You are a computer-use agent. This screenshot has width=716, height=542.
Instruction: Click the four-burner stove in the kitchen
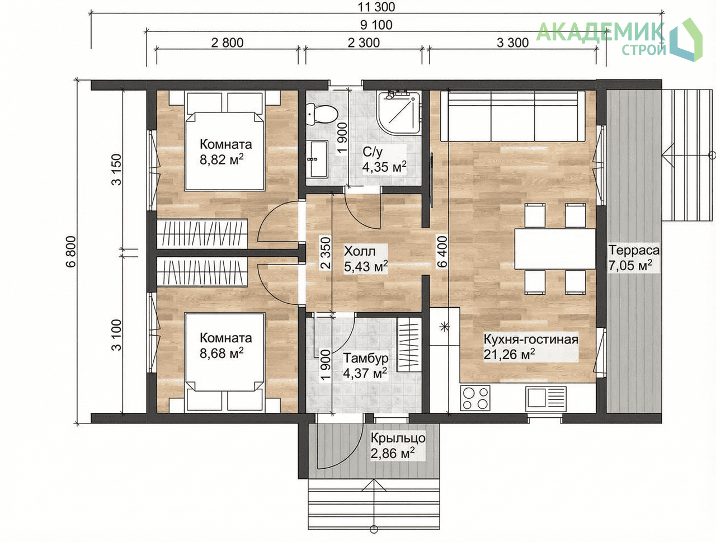475,398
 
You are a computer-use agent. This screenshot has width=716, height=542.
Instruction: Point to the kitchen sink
546,398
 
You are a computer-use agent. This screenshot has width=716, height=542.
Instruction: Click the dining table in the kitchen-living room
555,248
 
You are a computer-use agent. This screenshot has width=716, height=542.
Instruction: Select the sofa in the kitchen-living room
512,116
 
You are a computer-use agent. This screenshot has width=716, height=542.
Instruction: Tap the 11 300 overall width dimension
377,7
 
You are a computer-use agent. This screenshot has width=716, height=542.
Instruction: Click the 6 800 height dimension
71,252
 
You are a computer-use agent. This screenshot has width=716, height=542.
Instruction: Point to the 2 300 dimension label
364,43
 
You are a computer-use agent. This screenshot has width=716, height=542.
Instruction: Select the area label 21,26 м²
509,355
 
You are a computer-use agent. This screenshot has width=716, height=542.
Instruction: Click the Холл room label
360,252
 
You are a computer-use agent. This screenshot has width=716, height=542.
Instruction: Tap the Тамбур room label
366,359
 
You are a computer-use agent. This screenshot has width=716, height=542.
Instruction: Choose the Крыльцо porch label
398,438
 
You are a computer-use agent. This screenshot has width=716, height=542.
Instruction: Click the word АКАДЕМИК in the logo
600,32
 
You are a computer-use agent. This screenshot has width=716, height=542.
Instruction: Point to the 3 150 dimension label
116,169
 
